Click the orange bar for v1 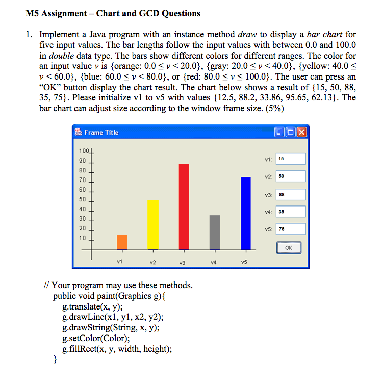point(122,242)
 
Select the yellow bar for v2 point(152,225)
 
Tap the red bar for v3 point(184,207)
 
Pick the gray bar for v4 point(215,233)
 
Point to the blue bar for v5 point(245,213)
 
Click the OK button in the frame point(288,248)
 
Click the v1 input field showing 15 point(291,159)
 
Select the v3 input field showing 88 point(291,194)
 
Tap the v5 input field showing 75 point(291,229)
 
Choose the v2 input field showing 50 point(291,176)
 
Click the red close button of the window point(302,133)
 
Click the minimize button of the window point(279,133)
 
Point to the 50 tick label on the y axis point(82,199)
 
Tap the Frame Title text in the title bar point(101,133)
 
